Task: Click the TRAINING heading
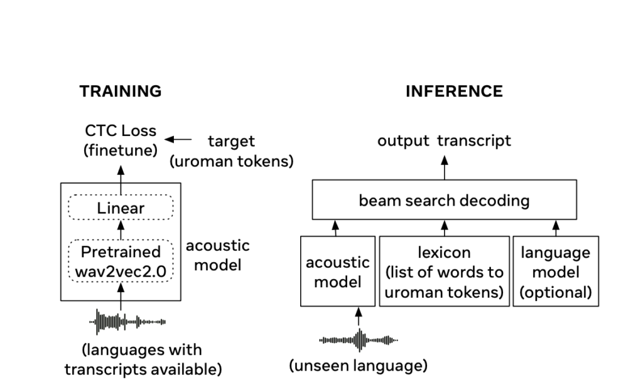121,92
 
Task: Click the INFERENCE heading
454,92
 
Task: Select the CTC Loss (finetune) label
121,142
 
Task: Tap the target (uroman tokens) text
232,151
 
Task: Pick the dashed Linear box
121,208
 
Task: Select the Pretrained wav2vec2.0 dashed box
121,261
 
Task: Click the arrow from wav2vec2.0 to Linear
121,231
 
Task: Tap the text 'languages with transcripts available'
143,359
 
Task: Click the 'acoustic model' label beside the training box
217,255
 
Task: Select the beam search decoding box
444,201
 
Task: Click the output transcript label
444,140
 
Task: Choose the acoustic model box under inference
338,271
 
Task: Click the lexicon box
444,271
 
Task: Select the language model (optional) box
556,271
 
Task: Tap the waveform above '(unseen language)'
359,340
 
